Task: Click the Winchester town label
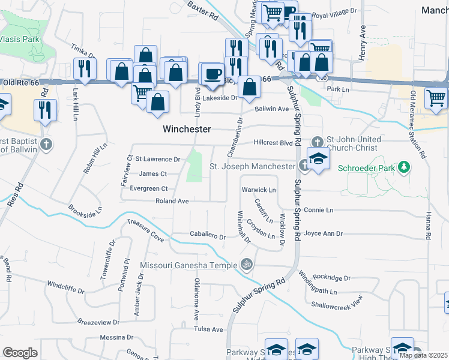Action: tap(187, 129)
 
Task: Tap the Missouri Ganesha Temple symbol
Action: tap(246, 264)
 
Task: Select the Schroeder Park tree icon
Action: tap(405, 167)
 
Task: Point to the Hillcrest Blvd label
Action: tap(273, 143)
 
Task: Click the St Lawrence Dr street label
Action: tap(158, 159)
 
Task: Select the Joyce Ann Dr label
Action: tap(323, 233)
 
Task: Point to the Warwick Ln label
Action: tap(258, 190)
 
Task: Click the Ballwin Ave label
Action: tap(272, 109)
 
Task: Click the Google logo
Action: tap(20, 352)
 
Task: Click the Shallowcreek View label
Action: tap(337, 301)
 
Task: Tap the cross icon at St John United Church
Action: tap(317, 142)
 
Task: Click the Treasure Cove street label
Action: tap(145, 230)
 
